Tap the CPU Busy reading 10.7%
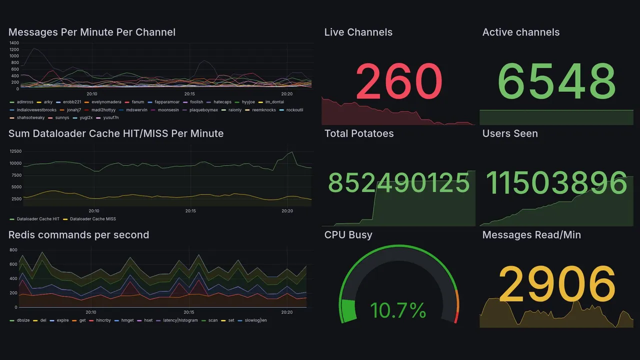pos(398,310)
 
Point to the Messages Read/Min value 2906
pos(556,283)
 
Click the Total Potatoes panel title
pos(359,133)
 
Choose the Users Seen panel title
pos(510,133)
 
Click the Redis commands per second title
pos(78,235)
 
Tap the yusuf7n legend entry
pos(110,118)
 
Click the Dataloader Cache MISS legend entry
pos(92,219)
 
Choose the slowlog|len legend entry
pos(255,320)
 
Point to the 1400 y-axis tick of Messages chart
pos(13,43)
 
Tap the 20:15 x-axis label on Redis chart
pos(189,312)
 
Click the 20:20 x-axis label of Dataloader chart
pos(287,211)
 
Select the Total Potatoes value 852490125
pos(398,182)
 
